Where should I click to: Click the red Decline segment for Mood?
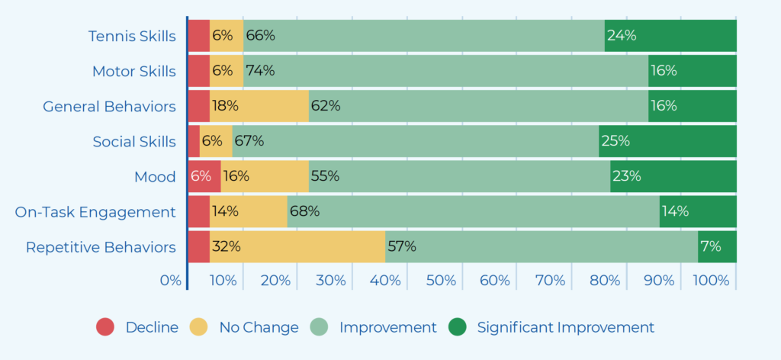(204, 176)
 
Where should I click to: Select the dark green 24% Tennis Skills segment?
(670, 36)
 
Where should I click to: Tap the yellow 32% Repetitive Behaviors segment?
(297, 246)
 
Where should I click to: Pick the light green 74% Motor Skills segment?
(445, 71)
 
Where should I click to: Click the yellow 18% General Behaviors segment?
(259, 106)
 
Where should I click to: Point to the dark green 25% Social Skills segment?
(667, 141)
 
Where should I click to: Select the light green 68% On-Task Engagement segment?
(473, 211)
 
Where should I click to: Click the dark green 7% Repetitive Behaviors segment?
(717, 246)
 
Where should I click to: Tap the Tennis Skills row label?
(132, 37)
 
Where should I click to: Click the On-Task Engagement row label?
(95, 212)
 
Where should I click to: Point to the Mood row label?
(155, 177)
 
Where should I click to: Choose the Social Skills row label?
(134, 142)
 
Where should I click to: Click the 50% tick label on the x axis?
(441, 281)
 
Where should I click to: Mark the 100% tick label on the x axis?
(711, 281)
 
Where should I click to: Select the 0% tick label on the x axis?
(171, 281)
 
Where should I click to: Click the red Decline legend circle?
(105, 327)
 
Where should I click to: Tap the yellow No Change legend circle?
(199, 327)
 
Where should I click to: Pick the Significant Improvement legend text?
(566, 328)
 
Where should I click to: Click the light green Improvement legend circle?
(319, 327)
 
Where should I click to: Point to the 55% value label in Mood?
(325, 176)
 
